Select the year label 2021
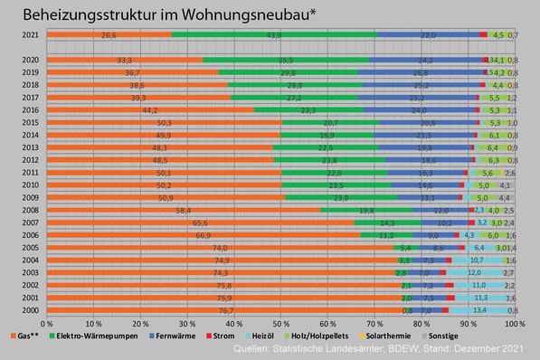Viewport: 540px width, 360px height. pyautogui.click(x=31, y=35)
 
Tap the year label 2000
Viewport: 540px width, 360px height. pyautogui.click(x=31, y=309)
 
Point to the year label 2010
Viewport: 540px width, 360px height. pyautogui.click(x=31, y=185)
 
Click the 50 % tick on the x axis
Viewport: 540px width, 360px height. pyautogui.click(x=280, y=323)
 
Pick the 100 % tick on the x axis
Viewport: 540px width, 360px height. pyautogui.click(x=513, y=323)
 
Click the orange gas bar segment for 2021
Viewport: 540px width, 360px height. pyautogui.click(x=109, y=35)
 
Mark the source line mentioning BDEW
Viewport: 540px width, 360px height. pyautogui.click(x=380, y=347)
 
